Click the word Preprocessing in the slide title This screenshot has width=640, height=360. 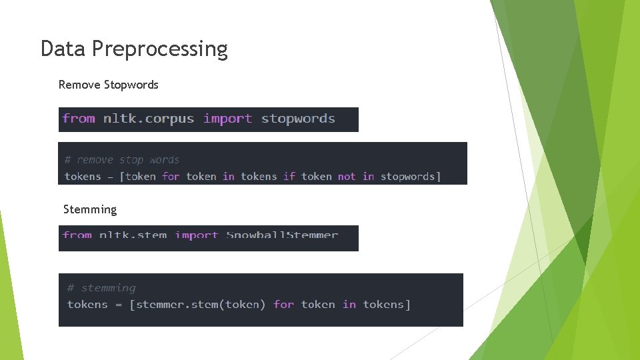tap(160, 49)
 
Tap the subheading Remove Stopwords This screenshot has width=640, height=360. tap(109, 85)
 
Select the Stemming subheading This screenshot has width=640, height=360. tap(90, 209)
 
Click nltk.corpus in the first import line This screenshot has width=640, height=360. tap(148, 119)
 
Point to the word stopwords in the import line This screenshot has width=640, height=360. tap(298, 119)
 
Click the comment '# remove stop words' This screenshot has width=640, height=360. tap(122, 160)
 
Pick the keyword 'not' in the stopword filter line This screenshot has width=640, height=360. tap(347, 177)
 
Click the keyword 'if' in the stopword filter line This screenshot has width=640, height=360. tap(289, 177)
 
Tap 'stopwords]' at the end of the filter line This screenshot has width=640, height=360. tap(411, 177)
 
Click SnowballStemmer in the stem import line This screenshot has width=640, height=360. tap(282, 235)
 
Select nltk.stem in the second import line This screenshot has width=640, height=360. tap(133, 235)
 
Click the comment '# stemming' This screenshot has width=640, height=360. tap(101, 288)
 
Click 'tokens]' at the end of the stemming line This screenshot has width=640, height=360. tap(387, 305)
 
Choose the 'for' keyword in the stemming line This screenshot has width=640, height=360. tap(283, 305)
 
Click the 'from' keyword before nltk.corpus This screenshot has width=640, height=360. tap(79, 119)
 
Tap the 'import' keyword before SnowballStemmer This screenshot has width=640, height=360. tap(196, 235)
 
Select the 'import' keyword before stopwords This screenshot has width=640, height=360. tap(227, 119)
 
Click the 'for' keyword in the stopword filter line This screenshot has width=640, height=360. tap(171, 177)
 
